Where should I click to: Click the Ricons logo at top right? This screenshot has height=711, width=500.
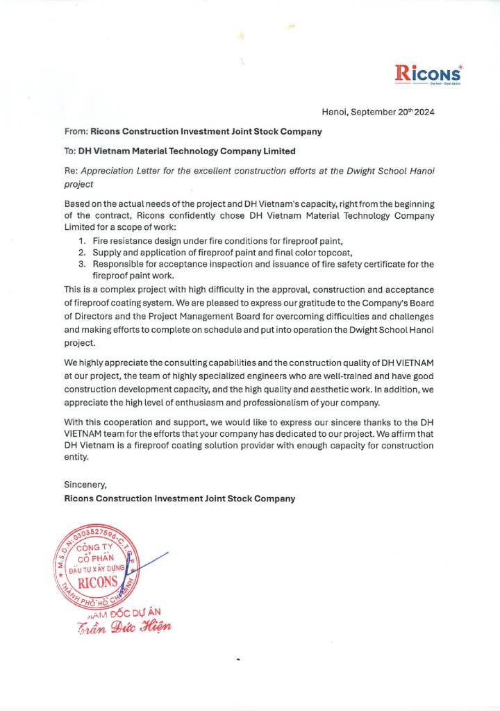click(x=427, y=73)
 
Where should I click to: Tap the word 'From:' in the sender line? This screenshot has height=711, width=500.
click(x=76, y=131)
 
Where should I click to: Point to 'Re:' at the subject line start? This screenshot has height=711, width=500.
click(x=71, y=171)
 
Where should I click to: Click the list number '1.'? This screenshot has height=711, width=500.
click(x=82, y=240)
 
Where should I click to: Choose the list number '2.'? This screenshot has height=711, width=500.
click(x=82, y=252)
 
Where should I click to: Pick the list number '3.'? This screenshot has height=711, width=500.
click(x=82, y=264)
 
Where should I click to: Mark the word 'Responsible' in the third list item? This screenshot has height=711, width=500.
click(x=118, y=264)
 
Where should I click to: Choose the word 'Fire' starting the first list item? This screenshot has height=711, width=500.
click(x=101, y=240)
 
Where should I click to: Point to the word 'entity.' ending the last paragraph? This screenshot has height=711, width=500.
click(x=77, y=456)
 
